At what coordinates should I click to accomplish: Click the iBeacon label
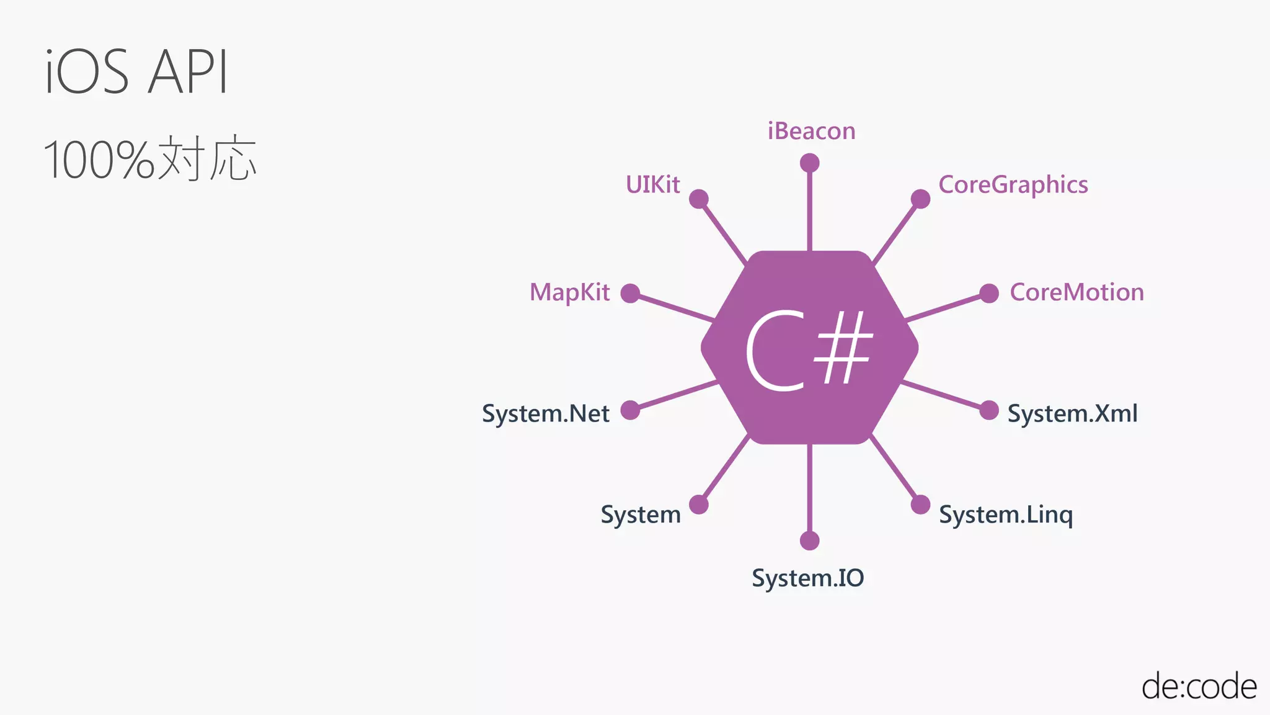click(811, 131)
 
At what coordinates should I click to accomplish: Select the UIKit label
click(652, 184)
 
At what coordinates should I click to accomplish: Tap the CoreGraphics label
click(1013, 185)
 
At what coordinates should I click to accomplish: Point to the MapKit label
click(569, 292)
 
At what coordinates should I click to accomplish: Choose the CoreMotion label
click(1077, 292)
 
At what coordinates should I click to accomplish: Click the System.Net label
click(546, 413)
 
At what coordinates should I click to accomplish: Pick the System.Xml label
click(1072, 413)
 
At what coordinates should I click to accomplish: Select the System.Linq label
click(1005, 515)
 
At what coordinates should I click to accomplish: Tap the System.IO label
click(807, 578)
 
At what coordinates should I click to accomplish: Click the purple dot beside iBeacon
click(809, 163)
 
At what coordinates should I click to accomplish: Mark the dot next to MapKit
click(630, 293)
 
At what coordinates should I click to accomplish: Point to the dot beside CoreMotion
click(989, 293)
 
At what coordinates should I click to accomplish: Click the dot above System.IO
click(809, 541)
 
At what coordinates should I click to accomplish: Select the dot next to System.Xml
click(989, 410)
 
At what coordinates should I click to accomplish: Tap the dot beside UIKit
click(699, 199)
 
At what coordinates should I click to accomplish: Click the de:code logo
click(1199, 686)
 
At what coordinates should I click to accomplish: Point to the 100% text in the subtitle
click(98, 160)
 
